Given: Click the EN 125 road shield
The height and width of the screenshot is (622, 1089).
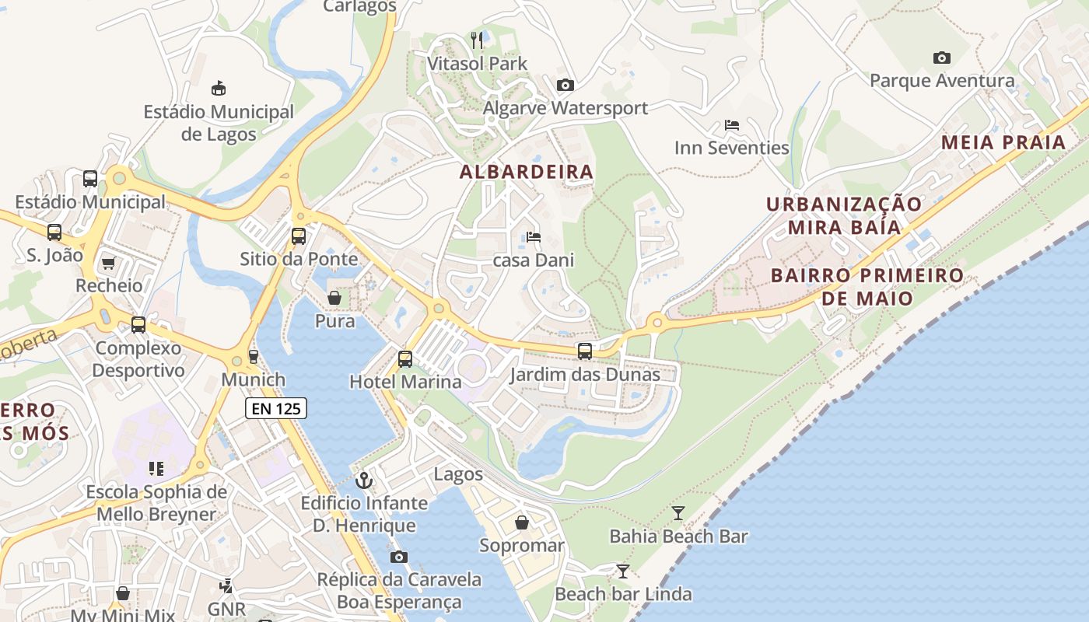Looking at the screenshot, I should coord(276,408).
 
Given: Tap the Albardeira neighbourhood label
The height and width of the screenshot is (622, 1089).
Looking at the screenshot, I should coord(527,172).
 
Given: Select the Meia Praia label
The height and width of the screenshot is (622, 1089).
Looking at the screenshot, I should coord(1003,142).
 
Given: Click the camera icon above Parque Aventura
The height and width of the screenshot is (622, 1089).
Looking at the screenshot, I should coord(941,58).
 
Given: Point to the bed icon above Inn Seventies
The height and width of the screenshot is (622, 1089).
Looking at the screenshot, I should coord(731,124).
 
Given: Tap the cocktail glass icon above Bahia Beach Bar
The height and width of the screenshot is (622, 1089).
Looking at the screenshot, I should coord(678,512).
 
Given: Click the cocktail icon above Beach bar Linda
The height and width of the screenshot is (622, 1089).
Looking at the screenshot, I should coord(622,571).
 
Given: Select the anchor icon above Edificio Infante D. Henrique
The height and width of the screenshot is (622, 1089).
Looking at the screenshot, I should coord(364,480).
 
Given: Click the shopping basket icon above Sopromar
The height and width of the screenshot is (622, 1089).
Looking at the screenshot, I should coord(521,522).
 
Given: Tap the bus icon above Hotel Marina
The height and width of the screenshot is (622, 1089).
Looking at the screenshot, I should coord(404,358).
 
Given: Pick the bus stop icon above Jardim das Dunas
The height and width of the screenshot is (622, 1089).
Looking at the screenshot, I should coord(585,351).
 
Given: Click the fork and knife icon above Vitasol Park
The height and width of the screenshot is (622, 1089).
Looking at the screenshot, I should coord(477,39).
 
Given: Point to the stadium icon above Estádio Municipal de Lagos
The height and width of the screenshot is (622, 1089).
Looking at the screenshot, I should coord(219,88).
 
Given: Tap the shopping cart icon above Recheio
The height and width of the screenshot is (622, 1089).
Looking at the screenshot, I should coord(108,263).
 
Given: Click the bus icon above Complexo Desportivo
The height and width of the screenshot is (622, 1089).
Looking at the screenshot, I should coord(138,325).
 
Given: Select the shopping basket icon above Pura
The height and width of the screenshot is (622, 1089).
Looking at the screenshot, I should coord(334,298).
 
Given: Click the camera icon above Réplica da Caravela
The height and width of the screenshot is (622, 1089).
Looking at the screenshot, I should coord(399,557).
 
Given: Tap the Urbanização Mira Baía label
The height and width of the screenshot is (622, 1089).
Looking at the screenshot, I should coord(844,215).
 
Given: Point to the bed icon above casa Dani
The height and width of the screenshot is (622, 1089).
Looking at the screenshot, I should coord(533,236).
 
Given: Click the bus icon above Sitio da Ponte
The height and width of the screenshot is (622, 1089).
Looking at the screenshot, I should coord(299,236).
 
